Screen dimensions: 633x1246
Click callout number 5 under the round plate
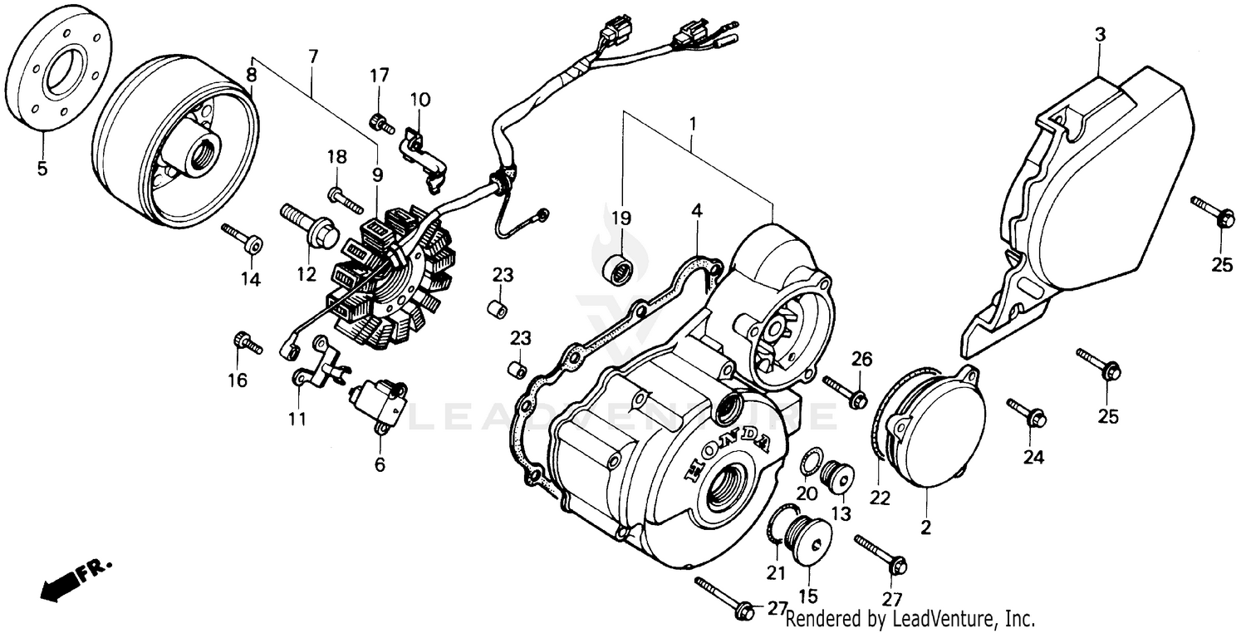[42, 169]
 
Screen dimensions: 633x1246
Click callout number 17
[379, 76]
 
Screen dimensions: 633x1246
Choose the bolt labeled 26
[846, 392]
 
